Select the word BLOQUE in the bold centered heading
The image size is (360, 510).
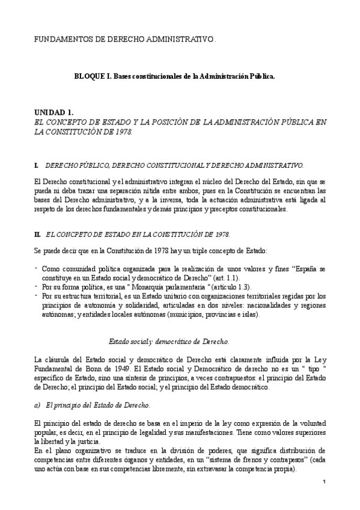click(88, 77)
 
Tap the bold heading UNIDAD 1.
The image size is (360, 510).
click(53, 112)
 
